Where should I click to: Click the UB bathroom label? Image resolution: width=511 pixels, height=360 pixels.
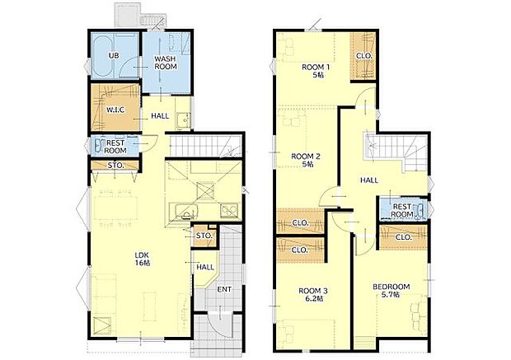click(x=115, y=56)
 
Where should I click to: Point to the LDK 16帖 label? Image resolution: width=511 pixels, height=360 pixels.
click(x=143, y=259)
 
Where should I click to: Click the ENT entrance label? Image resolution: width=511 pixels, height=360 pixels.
click(x=224, y=289)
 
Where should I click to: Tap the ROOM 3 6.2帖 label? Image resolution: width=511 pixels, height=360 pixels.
click(x=313, y=295)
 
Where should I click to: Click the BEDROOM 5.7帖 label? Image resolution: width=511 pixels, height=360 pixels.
click(x=391, y=290)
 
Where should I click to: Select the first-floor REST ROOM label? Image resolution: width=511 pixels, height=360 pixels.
click(x=115, y=147)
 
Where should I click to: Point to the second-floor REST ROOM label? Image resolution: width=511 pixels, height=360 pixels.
click(x=402, y=210)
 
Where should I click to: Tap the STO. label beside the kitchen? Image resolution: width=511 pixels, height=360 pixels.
click(x=204, y=236)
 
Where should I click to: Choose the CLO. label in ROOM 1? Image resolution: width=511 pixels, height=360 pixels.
click(x=363, y=56)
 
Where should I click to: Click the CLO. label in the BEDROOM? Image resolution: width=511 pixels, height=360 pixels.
click(x=403, y=237)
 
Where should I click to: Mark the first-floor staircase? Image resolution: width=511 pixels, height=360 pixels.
click(x=206, y=147)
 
